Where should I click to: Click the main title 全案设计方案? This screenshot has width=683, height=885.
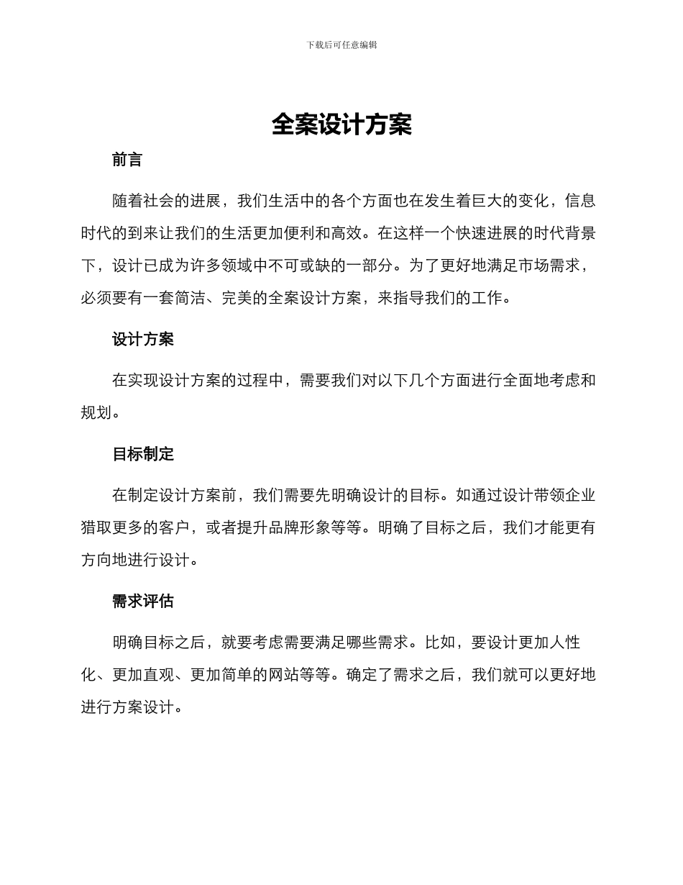coord(341,124)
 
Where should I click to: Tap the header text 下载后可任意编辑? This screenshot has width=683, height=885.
coord(341,45)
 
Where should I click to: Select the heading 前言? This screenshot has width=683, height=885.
coord(127,160)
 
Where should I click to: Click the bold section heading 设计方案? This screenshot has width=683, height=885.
coord(143,339)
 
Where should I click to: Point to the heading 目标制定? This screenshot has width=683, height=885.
coord(143,454)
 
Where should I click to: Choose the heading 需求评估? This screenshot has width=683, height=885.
coord(143,601)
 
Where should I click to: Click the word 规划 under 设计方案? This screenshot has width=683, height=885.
coord(96,412)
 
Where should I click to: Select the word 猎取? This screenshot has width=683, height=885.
coord(96,527)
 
